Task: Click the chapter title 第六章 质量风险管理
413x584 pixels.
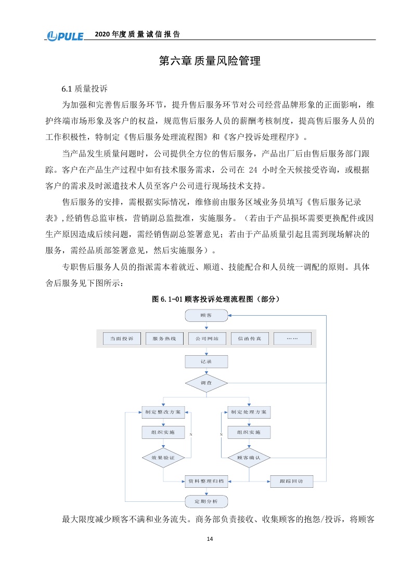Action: [209, 61]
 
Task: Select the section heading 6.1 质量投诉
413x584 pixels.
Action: [84, 88]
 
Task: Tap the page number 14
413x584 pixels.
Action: [210, 539]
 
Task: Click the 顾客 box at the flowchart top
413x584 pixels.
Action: [206, 315]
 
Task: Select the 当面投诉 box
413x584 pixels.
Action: [118, 339]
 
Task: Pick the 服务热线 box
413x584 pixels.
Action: [160, 339]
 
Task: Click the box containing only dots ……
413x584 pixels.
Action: [292, 339]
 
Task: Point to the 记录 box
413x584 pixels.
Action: [206, 360]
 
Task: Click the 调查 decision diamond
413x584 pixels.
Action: [206, 383]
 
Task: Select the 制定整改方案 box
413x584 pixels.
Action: [163, 412]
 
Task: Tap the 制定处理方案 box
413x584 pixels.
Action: [249, 412]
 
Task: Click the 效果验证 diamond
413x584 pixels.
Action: [163, 458]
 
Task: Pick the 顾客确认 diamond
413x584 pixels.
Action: [249, 458]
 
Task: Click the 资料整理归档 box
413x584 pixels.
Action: [206, 482]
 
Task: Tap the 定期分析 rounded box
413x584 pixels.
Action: [206, 501]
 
